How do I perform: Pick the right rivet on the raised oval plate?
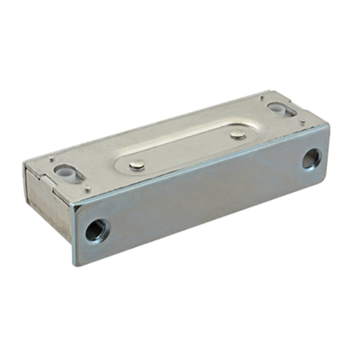(x=238, y=134)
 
